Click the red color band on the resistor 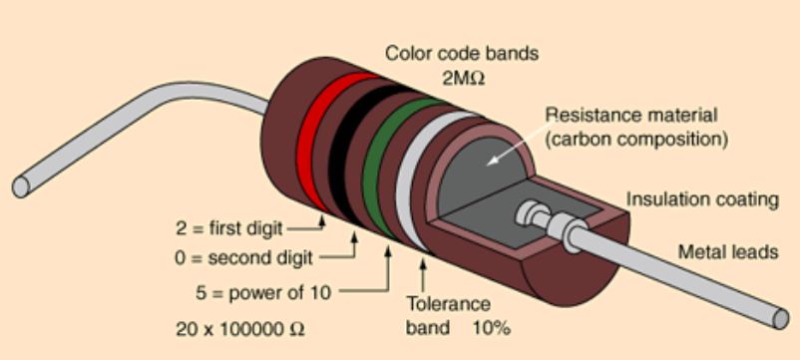tap(318, 139)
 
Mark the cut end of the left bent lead tap(21, 186)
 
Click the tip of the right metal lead tap(779, 320)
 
